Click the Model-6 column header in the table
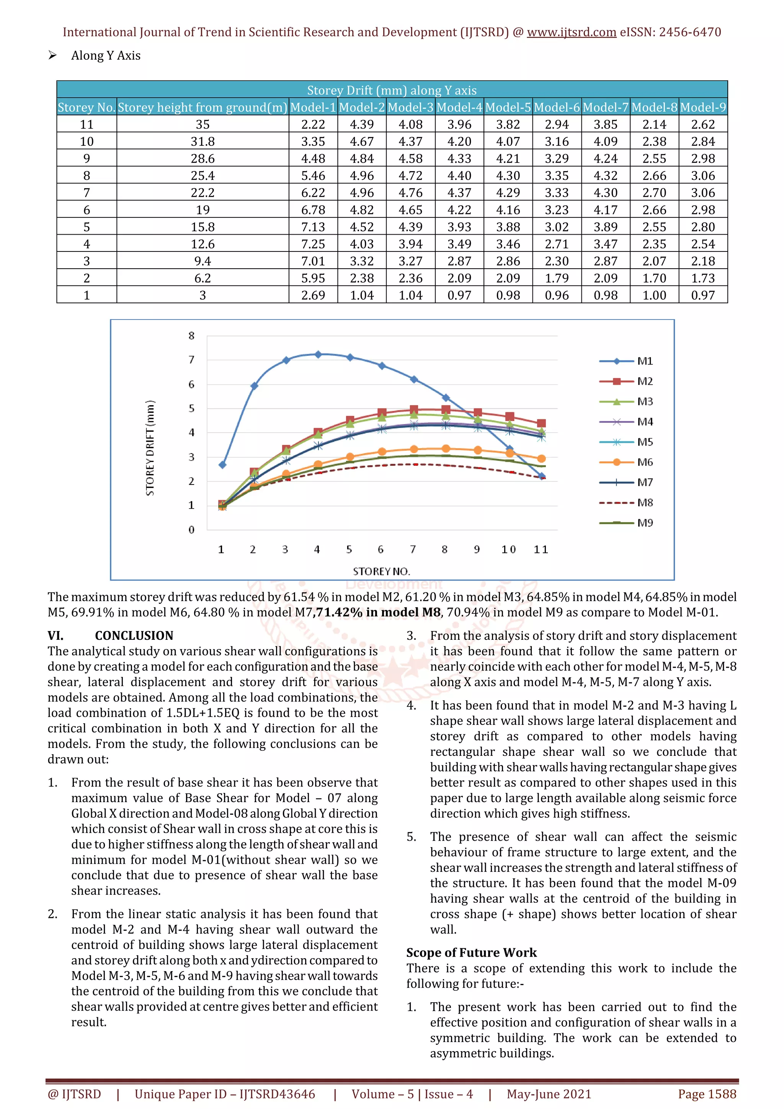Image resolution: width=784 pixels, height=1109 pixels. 557,107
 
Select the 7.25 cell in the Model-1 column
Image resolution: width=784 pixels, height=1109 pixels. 313,244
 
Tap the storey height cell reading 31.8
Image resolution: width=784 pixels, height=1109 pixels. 203,142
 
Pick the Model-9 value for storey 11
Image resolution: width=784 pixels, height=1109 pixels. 703,125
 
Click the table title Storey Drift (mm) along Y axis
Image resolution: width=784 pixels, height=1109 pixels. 392,90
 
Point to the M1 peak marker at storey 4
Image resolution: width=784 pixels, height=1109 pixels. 318,354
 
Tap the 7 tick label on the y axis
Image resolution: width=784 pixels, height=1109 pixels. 191,360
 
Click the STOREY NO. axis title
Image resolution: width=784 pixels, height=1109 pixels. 381,571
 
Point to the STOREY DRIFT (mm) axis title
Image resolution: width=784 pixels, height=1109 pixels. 150,448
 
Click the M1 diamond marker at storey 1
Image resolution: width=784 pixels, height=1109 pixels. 222,465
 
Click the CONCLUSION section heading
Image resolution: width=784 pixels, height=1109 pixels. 134,636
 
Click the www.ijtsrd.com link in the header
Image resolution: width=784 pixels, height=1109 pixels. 571,33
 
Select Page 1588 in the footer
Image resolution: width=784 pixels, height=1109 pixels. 707,1094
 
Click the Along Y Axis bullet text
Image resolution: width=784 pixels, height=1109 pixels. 106,55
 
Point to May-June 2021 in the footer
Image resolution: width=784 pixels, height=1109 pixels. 549,1094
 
